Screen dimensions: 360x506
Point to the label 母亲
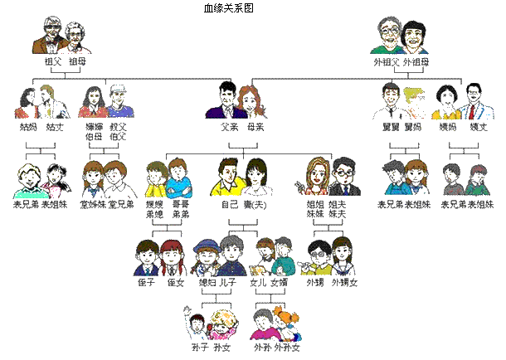tap(255, 128)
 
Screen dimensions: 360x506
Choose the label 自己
tap(229, 203)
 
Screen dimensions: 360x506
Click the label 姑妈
tap(27, 128)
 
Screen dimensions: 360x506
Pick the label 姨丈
tap(474, 128)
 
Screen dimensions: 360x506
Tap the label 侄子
tap(146, 283)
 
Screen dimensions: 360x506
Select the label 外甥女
tap(344, 283)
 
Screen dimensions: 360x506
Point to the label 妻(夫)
tap(255, 203)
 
